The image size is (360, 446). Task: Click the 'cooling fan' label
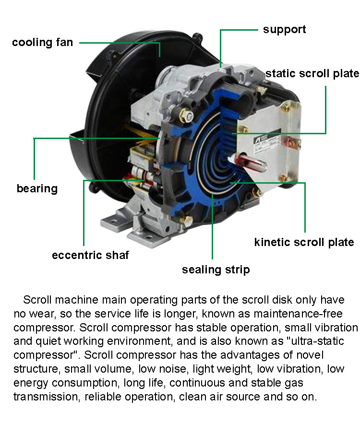[42, 42]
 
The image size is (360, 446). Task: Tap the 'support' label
[284, 30]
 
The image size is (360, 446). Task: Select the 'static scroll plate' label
[312, 73]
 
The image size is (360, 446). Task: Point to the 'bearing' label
[37, 188]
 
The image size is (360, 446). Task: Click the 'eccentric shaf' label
[91, 255]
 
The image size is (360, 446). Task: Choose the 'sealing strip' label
[216, 270]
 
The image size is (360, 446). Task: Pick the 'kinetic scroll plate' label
[304, 242]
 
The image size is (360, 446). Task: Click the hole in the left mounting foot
[114, 221]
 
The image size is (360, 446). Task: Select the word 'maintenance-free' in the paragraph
[298, 314]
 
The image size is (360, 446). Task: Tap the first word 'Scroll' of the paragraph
[37, 300]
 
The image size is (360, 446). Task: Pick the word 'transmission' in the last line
[47, 397]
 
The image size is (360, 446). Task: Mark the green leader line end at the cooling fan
[160, 56]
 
